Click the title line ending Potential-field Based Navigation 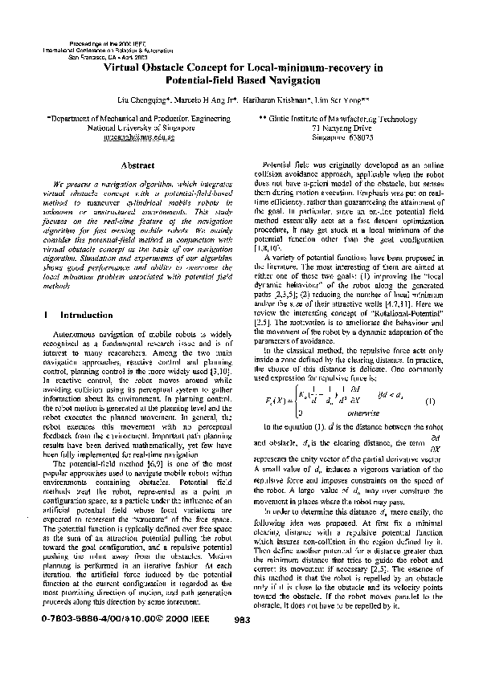click(243, 80)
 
